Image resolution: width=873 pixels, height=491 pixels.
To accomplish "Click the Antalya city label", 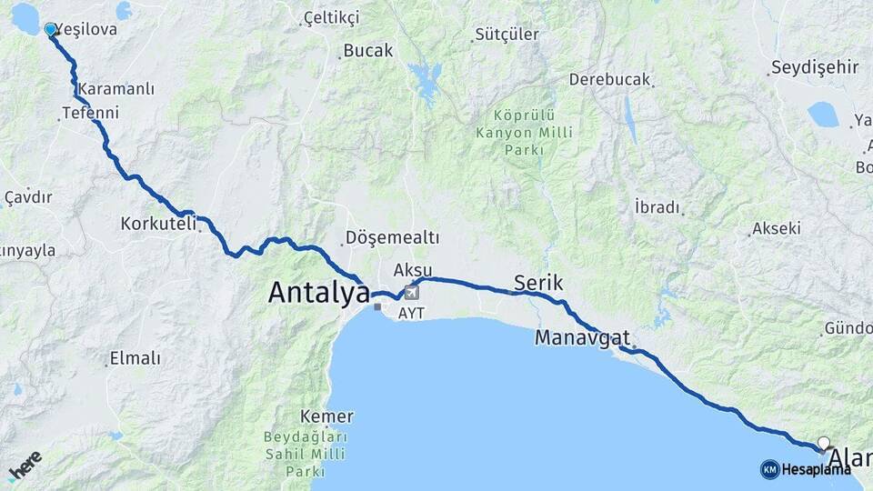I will (x=318, y=293).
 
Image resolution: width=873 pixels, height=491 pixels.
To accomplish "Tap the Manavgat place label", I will (x=582, y=337).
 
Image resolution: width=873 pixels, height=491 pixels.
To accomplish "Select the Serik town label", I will (x=538, y=283).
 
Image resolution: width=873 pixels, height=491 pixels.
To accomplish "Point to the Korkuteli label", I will (x=159, y=223).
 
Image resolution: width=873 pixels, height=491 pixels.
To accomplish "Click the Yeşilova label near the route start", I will (x=86, y=29).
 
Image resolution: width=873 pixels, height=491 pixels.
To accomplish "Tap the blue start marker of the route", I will (x=50, y=29).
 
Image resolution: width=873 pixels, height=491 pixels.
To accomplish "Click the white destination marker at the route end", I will (x=823, y=444).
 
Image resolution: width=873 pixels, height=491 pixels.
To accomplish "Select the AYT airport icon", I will (x=413, y=293).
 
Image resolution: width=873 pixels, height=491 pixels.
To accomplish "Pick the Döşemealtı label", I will (x=392, y=238).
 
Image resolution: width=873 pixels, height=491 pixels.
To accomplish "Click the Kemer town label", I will (x=332, y=416).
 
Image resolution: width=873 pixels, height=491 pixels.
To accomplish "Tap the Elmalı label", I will (x=135, y=358).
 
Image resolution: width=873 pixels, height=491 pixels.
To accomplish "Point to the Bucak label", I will (x=369, y=51).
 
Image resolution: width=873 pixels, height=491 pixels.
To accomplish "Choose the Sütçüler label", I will (x=501, y=35).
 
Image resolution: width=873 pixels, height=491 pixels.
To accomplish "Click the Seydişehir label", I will (x=814, y=67).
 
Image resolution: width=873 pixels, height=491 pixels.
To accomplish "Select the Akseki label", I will (x=777, y=229).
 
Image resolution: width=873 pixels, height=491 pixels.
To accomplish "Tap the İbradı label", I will (x=658, y=207).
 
